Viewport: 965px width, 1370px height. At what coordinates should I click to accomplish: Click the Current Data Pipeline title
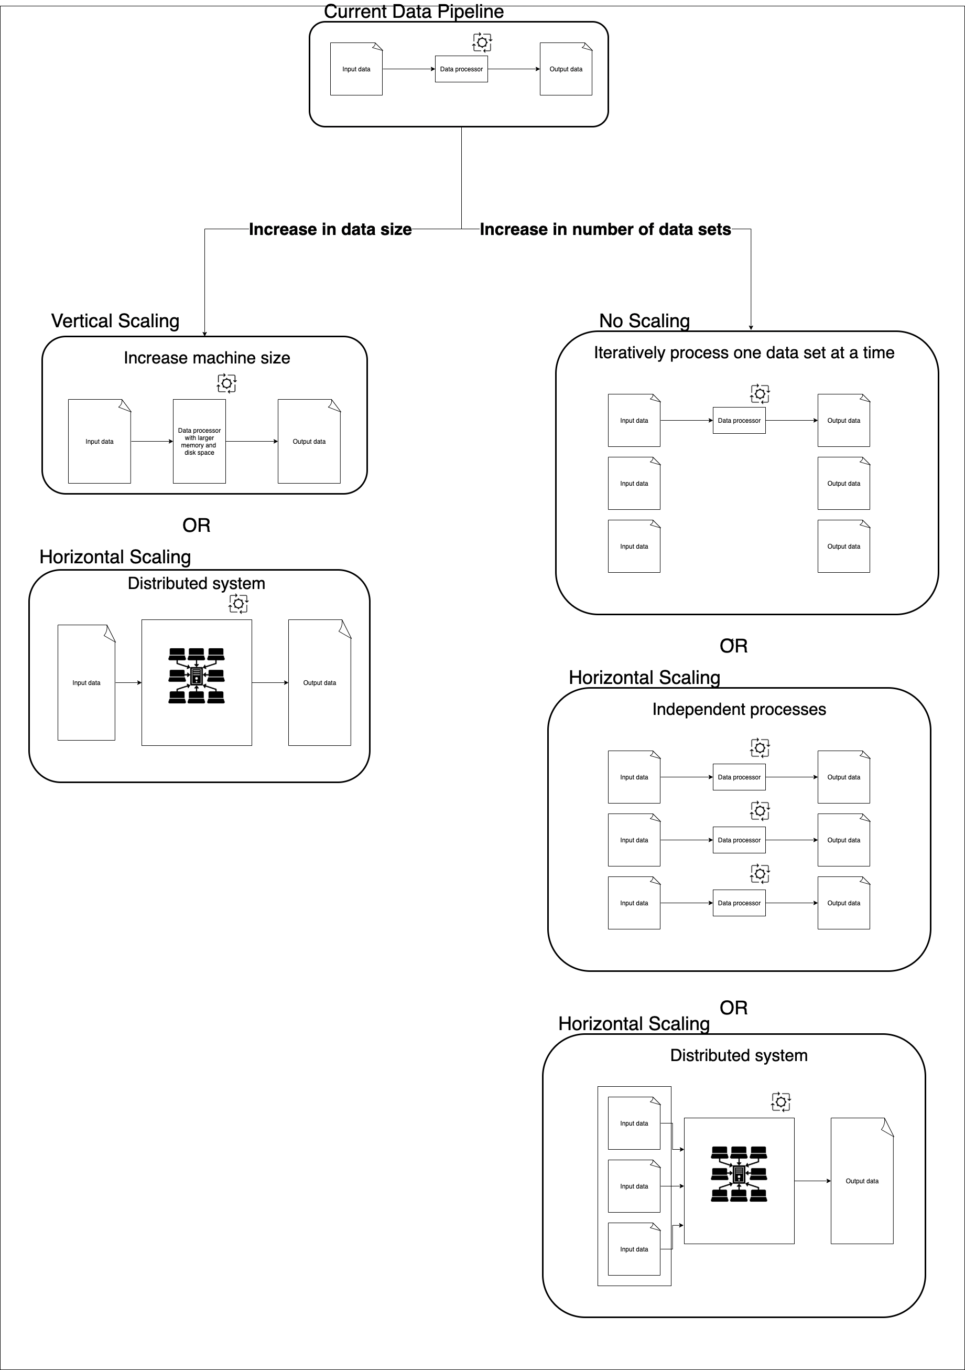point(414,12)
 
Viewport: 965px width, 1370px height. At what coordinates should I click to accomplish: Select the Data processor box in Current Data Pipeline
point(461,69)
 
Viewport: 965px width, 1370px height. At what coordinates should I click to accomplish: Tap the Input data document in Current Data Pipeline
point(356,69)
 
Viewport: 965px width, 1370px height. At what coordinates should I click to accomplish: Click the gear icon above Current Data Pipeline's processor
point(482,42)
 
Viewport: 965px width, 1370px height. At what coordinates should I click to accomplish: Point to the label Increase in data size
point(330,229)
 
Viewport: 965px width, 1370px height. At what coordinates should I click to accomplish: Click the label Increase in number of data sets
point(605,229)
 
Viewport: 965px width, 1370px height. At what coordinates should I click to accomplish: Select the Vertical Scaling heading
point(115,321)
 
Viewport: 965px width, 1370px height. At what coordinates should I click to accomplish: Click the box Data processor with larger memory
point(199,442)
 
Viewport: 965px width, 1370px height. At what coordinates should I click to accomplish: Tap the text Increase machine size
point(207,358)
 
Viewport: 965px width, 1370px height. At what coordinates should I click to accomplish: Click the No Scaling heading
point(644,321)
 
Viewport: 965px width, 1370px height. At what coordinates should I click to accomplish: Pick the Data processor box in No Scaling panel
point(739,421)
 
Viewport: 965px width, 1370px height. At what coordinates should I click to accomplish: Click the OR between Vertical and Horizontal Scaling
point(196,525)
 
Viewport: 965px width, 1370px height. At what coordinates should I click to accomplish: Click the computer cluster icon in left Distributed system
point(196,676)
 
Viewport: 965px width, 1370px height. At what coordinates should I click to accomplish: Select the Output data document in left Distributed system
point(319,682)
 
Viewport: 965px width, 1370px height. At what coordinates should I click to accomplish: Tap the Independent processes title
point(739,710)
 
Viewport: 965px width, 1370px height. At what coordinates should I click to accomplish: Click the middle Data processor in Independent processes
point(739,840)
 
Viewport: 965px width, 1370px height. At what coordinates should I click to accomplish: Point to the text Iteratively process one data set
point(743,352)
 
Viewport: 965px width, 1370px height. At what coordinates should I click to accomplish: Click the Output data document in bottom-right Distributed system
point(862,1181)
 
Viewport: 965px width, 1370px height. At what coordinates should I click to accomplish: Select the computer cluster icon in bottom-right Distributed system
point(739,1174)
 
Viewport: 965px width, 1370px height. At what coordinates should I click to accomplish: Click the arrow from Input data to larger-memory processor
point(151,442)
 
